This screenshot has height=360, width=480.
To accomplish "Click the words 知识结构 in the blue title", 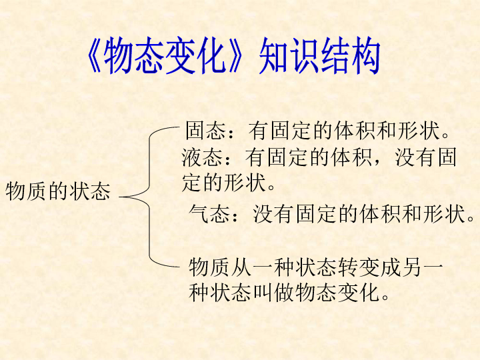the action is [x=319, y=55].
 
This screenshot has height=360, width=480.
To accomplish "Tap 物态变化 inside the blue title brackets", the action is [x=164, y=55].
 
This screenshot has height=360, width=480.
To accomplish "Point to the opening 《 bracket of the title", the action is [x=94, y=55].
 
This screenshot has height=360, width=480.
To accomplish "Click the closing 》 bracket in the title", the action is [x=235, y=55].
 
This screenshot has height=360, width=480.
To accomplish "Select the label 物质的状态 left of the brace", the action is [x=57, y=191].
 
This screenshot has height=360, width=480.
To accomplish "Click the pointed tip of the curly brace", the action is [x=119, y=197].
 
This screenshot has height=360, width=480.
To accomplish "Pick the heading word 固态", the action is [x=206, y=131].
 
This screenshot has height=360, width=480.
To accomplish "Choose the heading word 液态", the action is [x=202, y=157].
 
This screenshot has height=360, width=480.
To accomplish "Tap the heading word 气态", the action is [x=210, y=213].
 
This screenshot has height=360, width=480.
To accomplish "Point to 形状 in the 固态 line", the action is [x=419, y=131].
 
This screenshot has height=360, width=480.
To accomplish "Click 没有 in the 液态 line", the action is [x=415, y=157].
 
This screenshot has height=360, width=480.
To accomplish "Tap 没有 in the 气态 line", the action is [x=273, y=213].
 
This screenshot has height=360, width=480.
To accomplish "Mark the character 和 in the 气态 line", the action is [x=412, y=213].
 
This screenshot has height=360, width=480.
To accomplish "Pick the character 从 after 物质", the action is [x=241, y=267].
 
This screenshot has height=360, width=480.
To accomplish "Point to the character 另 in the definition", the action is [x=411, y=267].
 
